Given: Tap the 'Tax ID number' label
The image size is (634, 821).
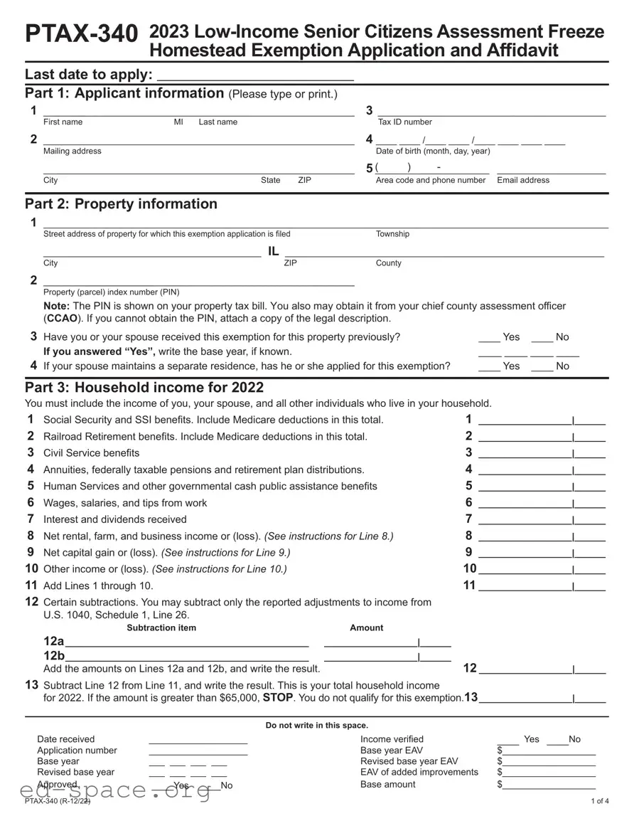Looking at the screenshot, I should [404, 122].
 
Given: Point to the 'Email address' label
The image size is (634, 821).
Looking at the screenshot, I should [523, 181].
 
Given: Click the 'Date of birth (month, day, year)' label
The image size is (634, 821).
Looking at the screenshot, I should [432, 152].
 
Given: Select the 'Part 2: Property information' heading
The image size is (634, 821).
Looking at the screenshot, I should [121, 204].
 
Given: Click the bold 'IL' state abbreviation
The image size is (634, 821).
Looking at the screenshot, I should [274, 251].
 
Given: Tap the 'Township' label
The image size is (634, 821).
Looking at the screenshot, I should [392, 234].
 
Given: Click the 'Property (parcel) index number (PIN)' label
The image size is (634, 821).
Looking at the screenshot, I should [112, 292].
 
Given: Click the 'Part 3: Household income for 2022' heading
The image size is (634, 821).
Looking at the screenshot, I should [144, 388].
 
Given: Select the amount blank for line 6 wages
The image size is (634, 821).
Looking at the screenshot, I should [526, 503].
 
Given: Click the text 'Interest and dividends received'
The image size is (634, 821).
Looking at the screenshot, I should [115, 520].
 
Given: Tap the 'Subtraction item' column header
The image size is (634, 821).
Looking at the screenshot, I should [161, 628].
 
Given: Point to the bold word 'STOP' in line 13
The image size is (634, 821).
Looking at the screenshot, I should [277, 698].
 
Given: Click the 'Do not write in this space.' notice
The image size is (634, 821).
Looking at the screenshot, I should [317, 726].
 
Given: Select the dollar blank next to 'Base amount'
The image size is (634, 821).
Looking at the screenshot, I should [549, 785].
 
